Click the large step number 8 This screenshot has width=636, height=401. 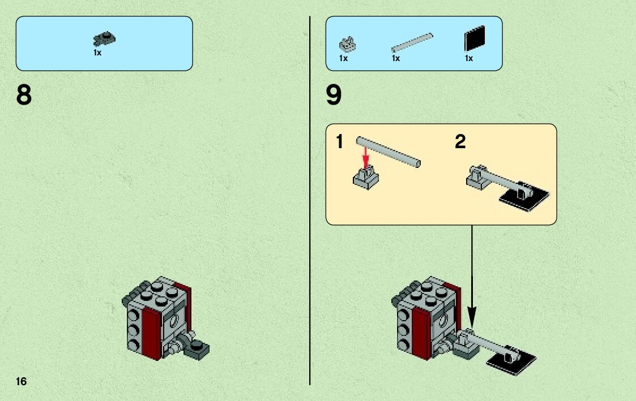24,96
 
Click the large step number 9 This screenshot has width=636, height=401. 334,96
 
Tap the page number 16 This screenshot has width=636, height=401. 21,381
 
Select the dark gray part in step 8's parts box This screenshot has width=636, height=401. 105,39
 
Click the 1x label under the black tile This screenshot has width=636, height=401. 468,58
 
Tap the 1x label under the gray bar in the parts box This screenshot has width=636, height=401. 395,58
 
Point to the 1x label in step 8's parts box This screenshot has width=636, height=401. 97,53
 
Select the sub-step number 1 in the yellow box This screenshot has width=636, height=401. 339,142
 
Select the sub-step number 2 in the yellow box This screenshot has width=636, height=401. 460,142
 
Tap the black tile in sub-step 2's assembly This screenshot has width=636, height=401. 527,196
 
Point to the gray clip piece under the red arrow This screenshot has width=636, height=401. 365,178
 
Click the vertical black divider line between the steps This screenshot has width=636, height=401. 310,226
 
